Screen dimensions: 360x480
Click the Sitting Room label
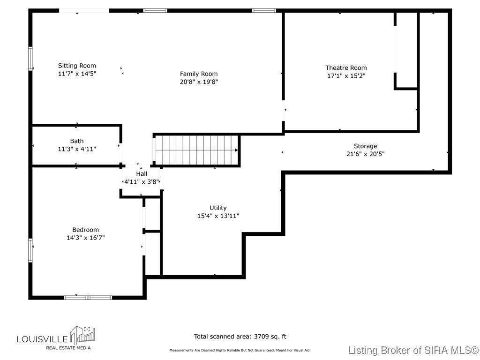pyautogui.click(x=77, y=66)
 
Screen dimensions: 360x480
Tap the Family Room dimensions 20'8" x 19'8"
pyautogui.click(x=199, y=82)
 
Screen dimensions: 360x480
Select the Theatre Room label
pyautogui.click(x=346, y=68)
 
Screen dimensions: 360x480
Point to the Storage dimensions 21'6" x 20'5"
pyautogui.click(x=365, y=154)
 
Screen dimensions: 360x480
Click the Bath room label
pyautogui.click(x=77, y=141)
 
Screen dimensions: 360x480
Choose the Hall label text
pyautogui.click(x=142, y=173)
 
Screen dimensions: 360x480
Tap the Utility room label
pyautogui.click(x=218, y=208)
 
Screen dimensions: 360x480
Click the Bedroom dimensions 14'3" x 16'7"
pyautogui.click(x=85, y=238)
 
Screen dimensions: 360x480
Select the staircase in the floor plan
pyautogui.click(x=197, y=150)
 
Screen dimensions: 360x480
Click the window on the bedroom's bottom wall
pyautogui.click(x=88, y=297)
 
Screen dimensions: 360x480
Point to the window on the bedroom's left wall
pyautogui.click(x=31, y=249)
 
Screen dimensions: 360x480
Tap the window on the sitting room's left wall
pyautogui.click(x=31, y=59)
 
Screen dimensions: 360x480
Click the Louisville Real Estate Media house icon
pyautogui.click(x=83, y=335)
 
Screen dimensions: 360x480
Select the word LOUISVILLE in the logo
pyautogui.click(x=42, y=338)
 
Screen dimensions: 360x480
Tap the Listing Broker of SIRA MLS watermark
pyautogui.click(x=413, y=350)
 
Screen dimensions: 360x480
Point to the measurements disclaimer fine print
pyautogui.click(x=240, y=350)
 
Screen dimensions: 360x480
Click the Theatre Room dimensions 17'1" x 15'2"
pyautogui.click(x=346, y=75)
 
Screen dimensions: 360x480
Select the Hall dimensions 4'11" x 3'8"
pyautogui.click(x=142, y=181)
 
